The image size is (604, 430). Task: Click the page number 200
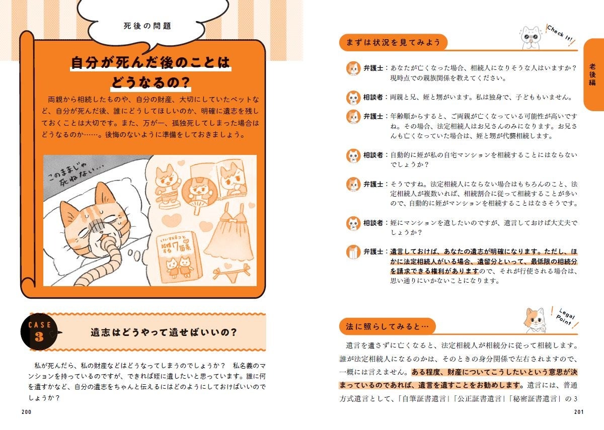pos(27,412)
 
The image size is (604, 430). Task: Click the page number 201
pos(578,412)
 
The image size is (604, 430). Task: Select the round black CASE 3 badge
pos(39,332)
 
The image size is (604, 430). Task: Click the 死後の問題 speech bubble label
pos(147,26)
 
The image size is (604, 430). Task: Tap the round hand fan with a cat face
pos(194,194)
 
